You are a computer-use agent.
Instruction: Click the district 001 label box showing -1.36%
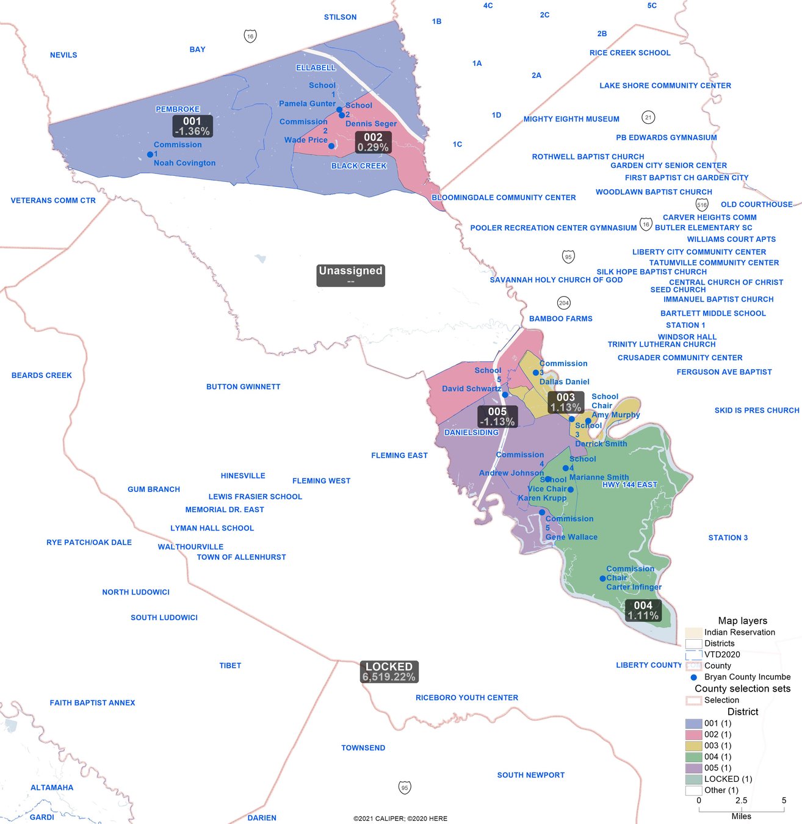[x=192, y=126]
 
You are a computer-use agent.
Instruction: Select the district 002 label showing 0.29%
[x=373, y=142]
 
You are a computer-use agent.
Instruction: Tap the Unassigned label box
[x=350, y=275]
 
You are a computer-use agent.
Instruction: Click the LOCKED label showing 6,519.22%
[x=389, y=671]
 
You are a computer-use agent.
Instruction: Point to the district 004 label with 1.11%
[x=643, y=610]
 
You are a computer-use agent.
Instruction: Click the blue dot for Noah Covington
[x=150, y=154]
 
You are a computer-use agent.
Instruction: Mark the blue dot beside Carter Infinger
[x=602, y=578]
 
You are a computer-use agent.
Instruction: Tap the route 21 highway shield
[x=648, y=117]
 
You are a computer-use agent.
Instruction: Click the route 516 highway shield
[x=702, y=204]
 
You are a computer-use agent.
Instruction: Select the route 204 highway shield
[x=564, y=303]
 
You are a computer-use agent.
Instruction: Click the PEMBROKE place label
[x=178, y=109]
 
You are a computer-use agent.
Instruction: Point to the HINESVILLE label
[x=243, y=475]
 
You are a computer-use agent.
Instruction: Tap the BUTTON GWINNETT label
[x=243, y=386]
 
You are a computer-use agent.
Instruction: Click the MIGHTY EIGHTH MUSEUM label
[x=571, y=119]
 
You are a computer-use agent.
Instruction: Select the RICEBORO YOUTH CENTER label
[x=467, y=698]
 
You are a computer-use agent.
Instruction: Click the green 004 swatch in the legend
[x=693, y=757]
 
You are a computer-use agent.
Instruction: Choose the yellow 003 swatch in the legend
[x=693, y=746]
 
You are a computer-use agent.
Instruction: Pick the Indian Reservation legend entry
[x=693, y=632]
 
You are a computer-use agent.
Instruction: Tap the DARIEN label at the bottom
[x=262, y=818]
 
